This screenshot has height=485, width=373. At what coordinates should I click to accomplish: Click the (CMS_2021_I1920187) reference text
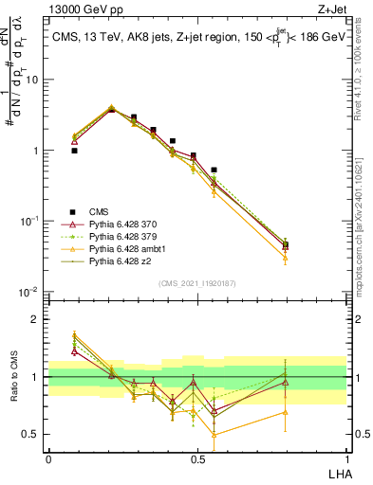click(196, 283)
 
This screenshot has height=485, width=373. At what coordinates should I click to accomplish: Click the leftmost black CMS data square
click(74, 151)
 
